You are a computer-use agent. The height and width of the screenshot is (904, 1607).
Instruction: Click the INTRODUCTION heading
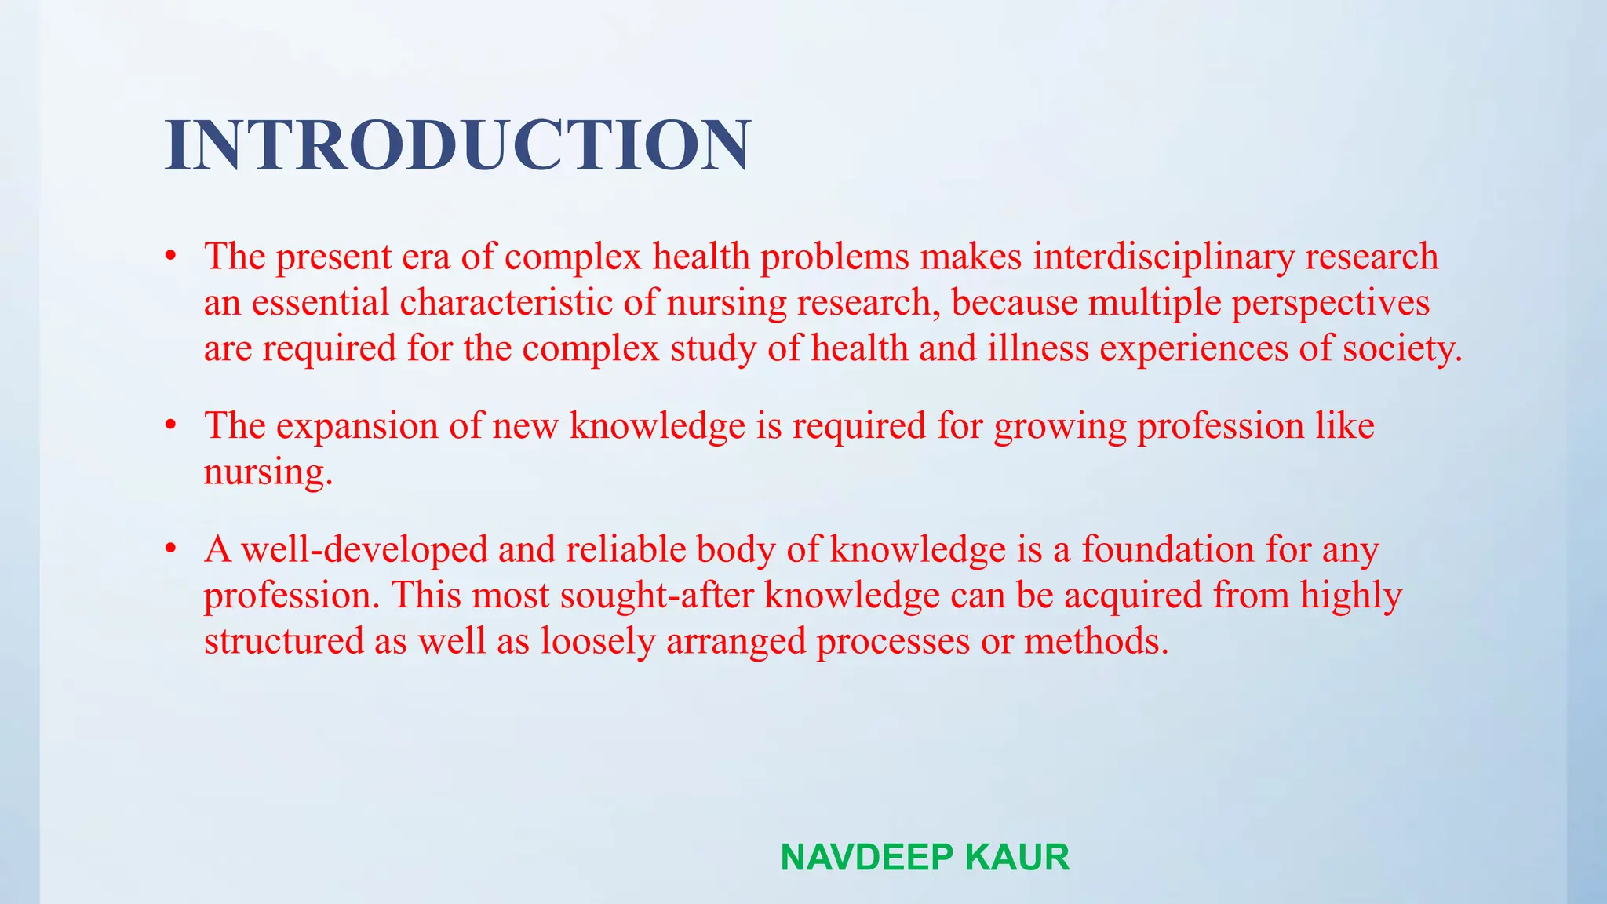(458, 146)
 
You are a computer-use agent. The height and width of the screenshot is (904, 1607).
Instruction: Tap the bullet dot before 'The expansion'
(170, 425)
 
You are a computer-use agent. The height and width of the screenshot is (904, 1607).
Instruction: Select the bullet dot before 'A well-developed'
(170, 549)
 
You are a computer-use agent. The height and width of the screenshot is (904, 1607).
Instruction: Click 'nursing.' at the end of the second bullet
(268, 472)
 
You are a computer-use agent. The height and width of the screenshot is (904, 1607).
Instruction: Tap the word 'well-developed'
(365, 550)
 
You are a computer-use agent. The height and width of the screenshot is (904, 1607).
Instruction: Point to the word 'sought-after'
(657, 596)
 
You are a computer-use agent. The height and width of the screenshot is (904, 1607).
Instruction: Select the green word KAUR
(1017, 857)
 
